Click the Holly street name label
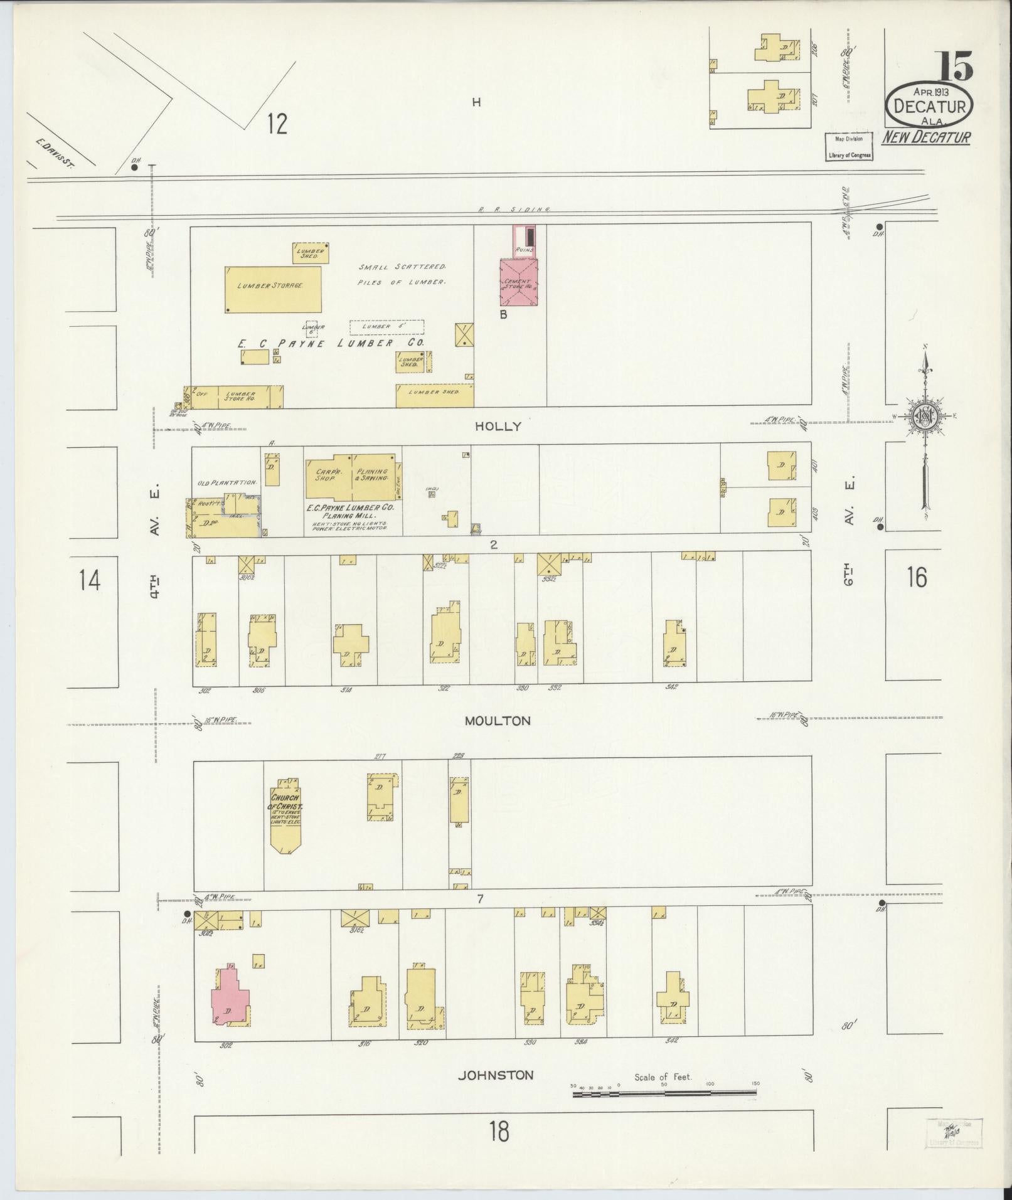(x=498, y=427)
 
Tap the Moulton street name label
(x=498, y=721)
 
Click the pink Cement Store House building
(x=519, y=282)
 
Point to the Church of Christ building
(x=285, y=817)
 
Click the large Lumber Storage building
(x=273, y=289)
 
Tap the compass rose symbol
(x=925, y=416)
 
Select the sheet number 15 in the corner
(x=955, y=66)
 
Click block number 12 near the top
(x=276, y=124)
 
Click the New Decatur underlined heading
(x=927, y=137)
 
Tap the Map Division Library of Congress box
(x=848, y=147)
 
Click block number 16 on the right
(x=917, y=577)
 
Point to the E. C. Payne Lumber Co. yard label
(x=331, y=344)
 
